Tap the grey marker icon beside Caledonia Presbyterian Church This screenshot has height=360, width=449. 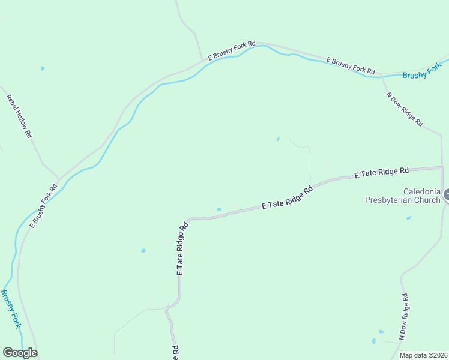pos(446,195)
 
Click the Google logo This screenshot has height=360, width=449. pos(20,353)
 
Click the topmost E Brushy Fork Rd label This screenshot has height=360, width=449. pos(232,50)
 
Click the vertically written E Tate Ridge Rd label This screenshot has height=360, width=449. pos(182,248)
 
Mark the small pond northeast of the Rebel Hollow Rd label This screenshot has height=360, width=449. pos(42,68)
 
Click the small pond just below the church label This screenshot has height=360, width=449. pos(409,218)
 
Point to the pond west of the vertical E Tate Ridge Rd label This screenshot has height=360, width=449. pos(143,251)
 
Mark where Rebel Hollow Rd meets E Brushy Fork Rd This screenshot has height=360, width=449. pos(58,179)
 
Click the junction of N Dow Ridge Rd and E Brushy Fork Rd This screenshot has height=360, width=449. pos(382,77)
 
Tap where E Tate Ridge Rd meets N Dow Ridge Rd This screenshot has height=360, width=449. pos(442,168)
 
